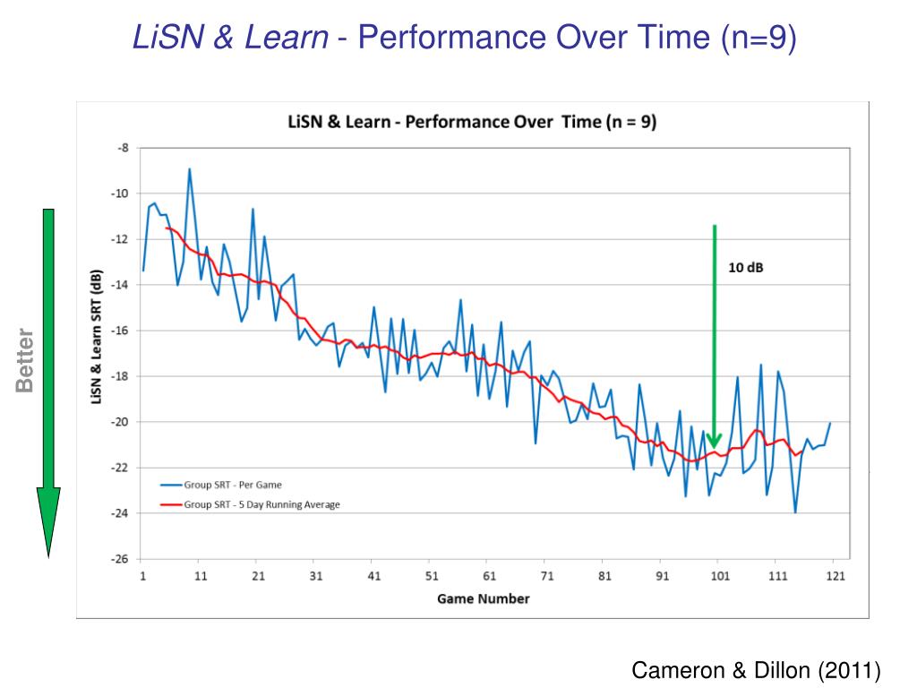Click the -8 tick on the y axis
tap(123, 147)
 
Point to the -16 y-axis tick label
tap(119, 330)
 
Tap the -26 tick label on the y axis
tap(119, 558)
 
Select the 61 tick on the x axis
tap(489, 576)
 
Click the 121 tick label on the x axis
tap(834, 576)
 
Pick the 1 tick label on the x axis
tap(143, 576)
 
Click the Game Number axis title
tap(483, 598)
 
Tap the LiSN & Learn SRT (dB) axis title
tap(97, 337)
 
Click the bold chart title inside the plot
tap(471, 122)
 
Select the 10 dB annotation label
tap(745, 268)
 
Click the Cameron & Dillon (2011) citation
tap(757, 669)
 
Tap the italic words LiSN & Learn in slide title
tap(230, 38)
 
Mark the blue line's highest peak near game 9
tap(189, 169)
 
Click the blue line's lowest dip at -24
tap(794, 512)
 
